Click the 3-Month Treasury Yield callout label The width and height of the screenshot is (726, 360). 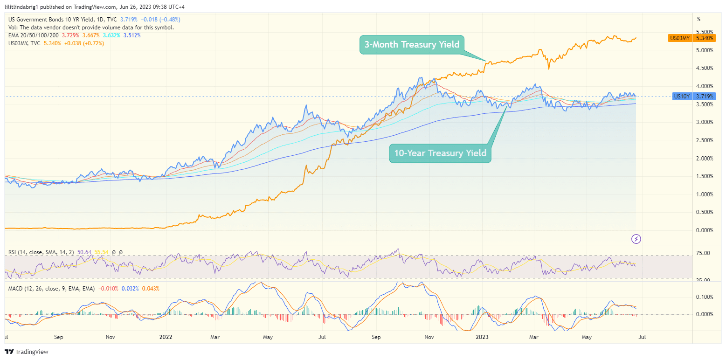tap(412, 45)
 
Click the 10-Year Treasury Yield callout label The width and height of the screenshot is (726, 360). tap(440, 153)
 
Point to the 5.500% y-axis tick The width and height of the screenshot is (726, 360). tap(705, 32)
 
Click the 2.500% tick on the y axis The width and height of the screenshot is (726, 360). tap(705, 140)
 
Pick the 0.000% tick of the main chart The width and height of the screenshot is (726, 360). tap(705, 230)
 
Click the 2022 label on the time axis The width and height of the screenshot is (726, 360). tap(166, 336)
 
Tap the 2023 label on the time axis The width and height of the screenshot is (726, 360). tap(482, 336)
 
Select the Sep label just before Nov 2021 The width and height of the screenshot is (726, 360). tap(58, 336)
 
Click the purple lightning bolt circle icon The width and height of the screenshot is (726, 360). tap(636, 239)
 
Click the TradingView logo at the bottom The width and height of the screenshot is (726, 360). tap(27, 352)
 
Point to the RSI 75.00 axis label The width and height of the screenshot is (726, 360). tap(703, 253)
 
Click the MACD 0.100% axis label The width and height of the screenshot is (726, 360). tap(705, 297)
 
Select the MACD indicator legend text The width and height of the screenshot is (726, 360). tap(51, 289)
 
